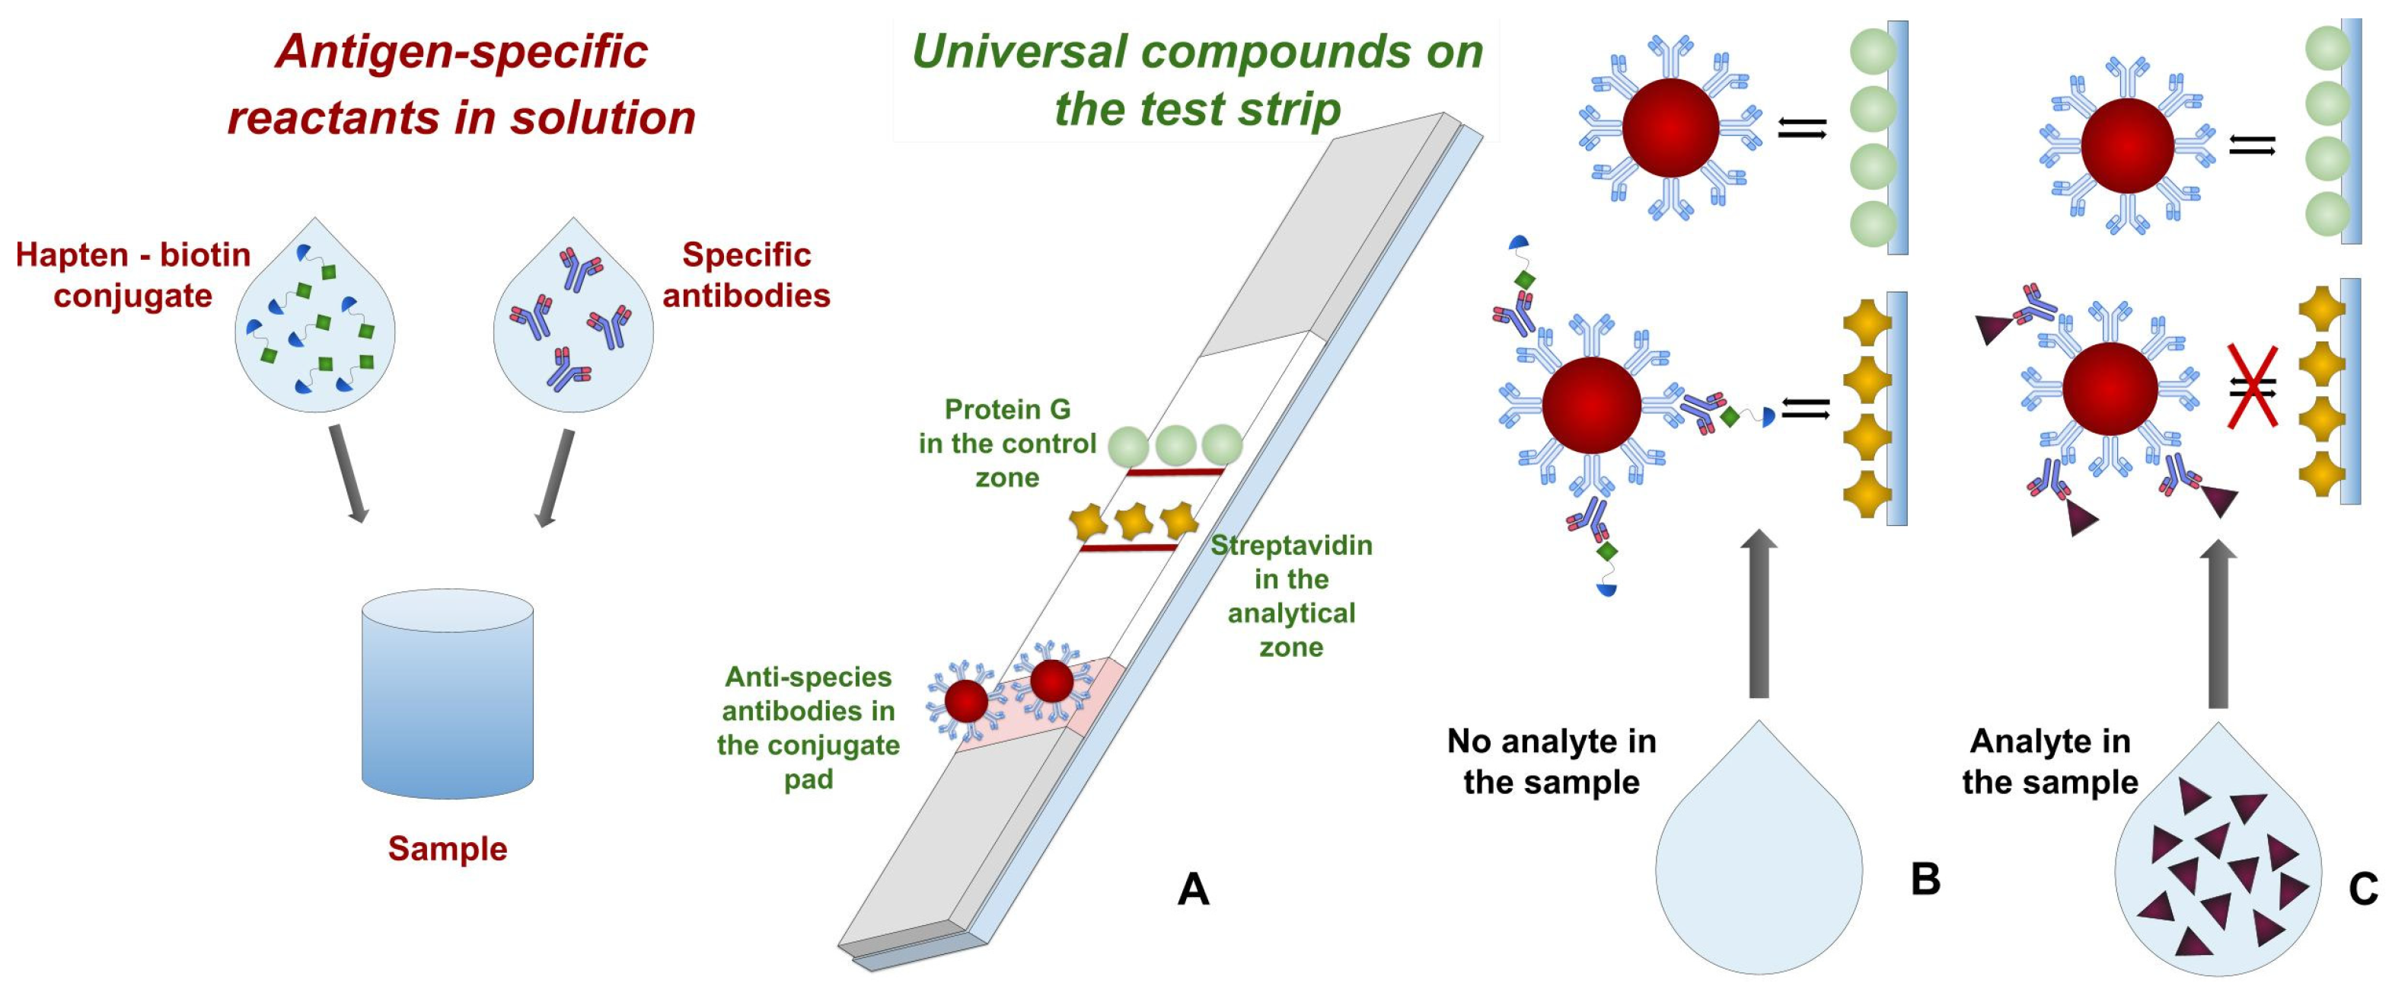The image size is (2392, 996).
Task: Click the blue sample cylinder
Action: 447,695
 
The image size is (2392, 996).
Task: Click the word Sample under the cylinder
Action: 447,848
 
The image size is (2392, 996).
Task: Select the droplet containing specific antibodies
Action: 573,321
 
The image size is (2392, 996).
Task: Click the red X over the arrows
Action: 2253,387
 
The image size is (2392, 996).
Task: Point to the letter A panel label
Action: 1193,889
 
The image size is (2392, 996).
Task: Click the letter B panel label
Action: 1925,879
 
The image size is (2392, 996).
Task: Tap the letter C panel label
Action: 2363,889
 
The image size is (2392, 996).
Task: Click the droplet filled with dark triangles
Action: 2218,864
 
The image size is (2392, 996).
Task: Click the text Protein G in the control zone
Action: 1007,444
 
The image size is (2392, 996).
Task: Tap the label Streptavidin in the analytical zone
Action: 1290,596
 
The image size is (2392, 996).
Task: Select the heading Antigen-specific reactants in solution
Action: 461,84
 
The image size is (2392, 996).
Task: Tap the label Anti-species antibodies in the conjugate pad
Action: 808,728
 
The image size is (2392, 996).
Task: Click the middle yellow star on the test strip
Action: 1133,521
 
